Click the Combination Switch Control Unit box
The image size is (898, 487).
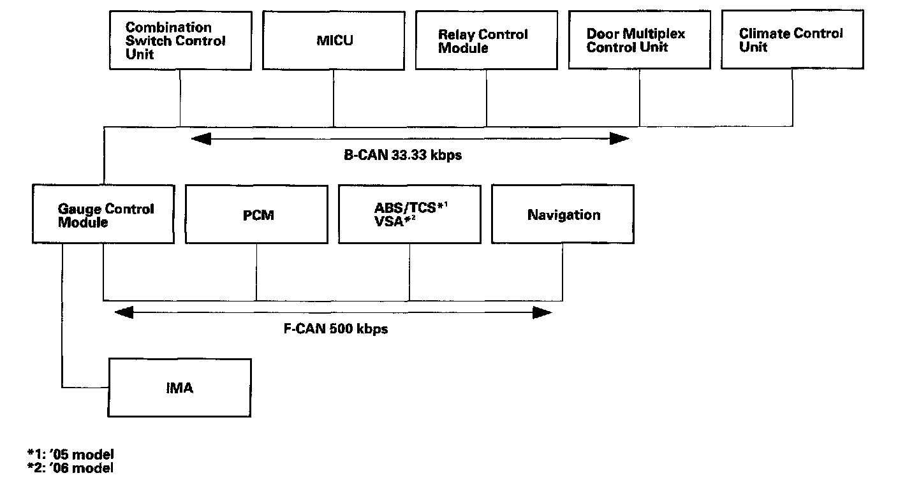[x=180, y=41]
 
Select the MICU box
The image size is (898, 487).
[x=334, y=41]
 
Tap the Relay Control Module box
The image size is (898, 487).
[x=486, y=40]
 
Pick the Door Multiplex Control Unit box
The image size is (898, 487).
[x=640, y=40]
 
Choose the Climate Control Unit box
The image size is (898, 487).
[x=793, y=40]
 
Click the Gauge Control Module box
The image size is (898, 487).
[x=103, y=214]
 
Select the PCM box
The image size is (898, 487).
[x=256, y=214]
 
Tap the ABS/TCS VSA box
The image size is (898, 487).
[x=409, y=214]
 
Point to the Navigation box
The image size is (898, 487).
[x=563, y=214]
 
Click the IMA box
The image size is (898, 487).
[x=180, y=388]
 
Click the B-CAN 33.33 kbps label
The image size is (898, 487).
[x=402, y=155]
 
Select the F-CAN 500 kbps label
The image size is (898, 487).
[x=335, y=329]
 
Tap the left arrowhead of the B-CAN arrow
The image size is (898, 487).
[x=202, y=139]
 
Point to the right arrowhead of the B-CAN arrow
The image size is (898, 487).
[x=619, y=139]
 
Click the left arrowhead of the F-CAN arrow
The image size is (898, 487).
[x=124, y=312]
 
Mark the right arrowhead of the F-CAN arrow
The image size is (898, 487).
[x=542, y=312]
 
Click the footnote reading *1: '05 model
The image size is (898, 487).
[x=71, y=454]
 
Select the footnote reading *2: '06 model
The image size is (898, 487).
[x=71, y=468]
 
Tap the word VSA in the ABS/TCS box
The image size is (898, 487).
[x=388, y=222]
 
